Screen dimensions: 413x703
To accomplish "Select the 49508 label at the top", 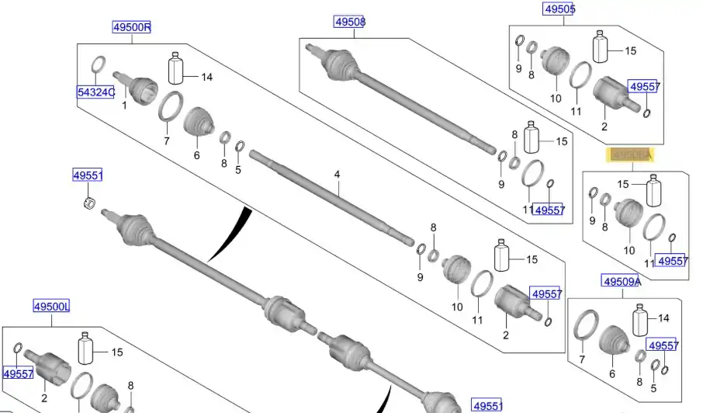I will (349, 22).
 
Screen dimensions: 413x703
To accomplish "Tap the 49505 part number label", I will (558, 9).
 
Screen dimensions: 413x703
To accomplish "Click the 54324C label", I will (95, 93).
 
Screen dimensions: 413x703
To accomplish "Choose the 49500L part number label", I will (51, 307).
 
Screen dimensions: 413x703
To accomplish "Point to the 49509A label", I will (622, 281).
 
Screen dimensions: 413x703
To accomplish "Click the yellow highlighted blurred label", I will (630, 155).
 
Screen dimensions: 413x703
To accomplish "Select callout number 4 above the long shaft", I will (338, 175).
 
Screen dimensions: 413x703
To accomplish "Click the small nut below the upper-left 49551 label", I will (88, 203).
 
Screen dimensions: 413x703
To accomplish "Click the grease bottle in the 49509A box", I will (640, 320).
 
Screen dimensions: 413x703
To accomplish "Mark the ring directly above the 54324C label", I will (99, 64).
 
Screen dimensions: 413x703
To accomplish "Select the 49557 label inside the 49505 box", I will (643, 87).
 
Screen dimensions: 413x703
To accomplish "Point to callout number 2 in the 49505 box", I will (604, 127).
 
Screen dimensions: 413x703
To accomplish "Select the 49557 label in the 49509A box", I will (663, 345).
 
